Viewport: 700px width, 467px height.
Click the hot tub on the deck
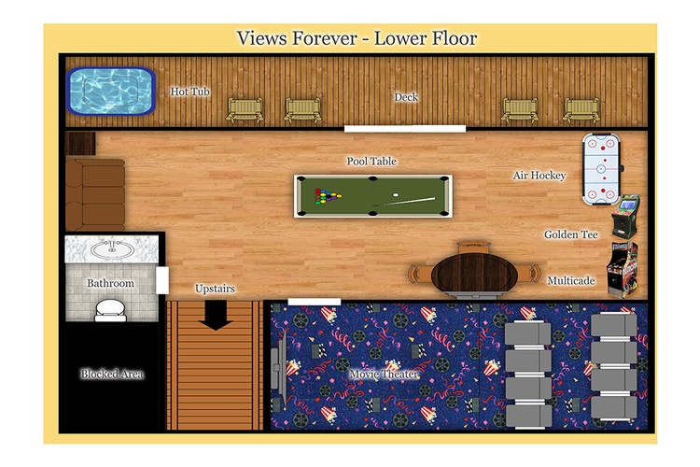pos(111,92)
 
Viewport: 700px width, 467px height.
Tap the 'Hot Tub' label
pos(189,92)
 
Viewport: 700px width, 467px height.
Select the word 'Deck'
pos(406,97)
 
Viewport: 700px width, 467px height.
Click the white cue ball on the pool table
pos(396,195)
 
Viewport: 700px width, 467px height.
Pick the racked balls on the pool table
pos(327,196)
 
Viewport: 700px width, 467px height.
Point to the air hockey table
pos(601,169)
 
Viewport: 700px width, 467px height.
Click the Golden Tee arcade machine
pos(625,217)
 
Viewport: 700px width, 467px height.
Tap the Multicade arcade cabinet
pos(623,269)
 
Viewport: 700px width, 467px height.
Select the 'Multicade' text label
pos(571,280)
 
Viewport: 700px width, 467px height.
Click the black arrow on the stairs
pos(216,316)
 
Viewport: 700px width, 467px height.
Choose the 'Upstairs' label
pos(215,289)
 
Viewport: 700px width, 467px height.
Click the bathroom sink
pos(112,249)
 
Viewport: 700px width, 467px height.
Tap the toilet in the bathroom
pos(110,310)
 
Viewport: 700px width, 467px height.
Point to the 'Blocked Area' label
pos(112,374)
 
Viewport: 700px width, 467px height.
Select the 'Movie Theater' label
pos(384,374)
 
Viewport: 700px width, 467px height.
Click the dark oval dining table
pos(474,273)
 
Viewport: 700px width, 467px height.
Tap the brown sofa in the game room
pos(95,194)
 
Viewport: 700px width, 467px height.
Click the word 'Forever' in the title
pos(324,38)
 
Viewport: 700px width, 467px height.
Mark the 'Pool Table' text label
pos(371,162)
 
